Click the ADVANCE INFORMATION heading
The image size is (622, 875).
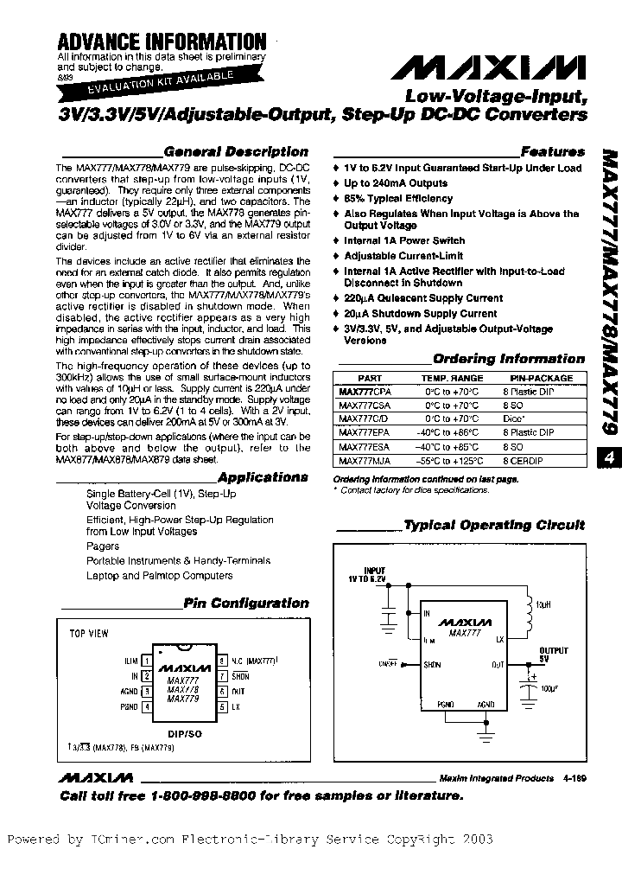click(162, 41)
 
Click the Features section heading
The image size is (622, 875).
click(553, 151)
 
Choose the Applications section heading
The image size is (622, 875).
click(263, 476)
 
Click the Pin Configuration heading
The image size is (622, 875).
click(245, 604)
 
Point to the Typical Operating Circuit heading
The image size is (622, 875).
click(494, 525)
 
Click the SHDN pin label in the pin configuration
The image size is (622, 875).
click(240, 676)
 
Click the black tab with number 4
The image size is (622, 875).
click(608, 461)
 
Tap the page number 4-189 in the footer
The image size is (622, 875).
click(573, 778)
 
